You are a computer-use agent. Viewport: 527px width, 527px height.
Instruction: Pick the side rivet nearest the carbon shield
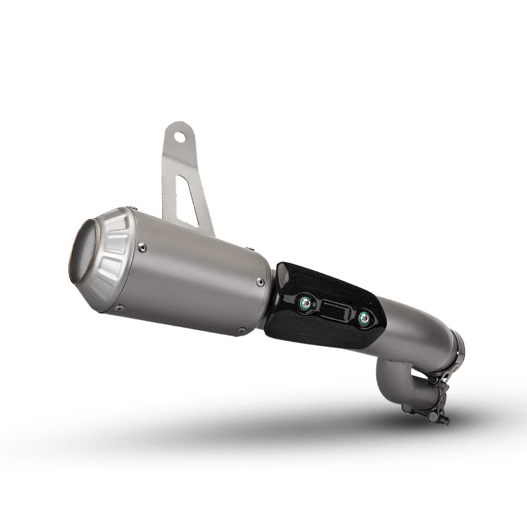coord(260,282)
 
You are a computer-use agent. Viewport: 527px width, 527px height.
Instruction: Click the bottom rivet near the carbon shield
coord(241,331)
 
